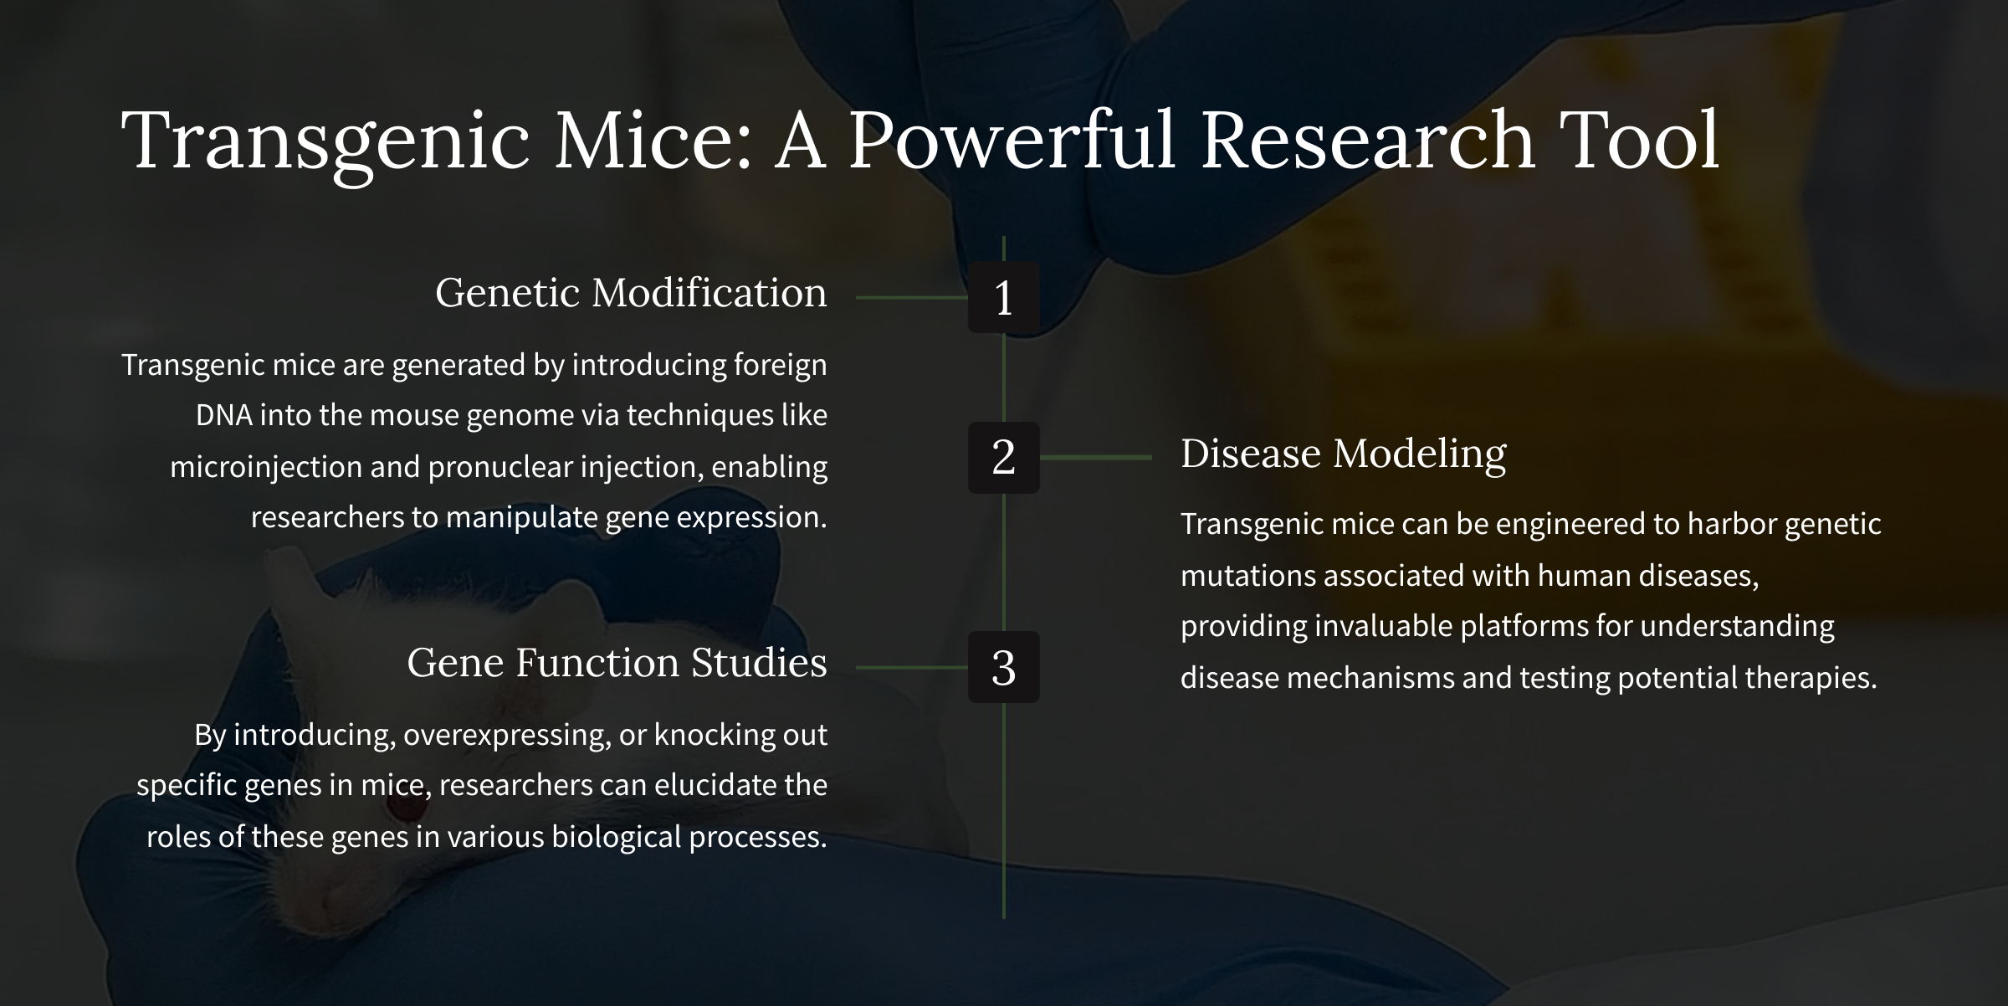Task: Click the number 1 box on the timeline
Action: click(x=1004, y=297)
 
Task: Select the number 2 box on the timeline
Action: click(x=1004, y=458)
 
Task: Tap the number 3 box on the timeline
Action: click(x=1004, y=667)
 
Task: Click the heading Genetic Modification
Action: click(x=631, y=293)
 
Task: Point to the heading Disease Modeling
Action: click(x=1344, y=454)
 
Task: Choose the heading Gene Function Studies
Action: click(x=617, y=662)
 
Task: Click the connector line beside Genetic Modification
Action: click(x=912, y=297)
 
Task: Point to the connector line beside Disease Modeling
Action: click(x=1096, y=458)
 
